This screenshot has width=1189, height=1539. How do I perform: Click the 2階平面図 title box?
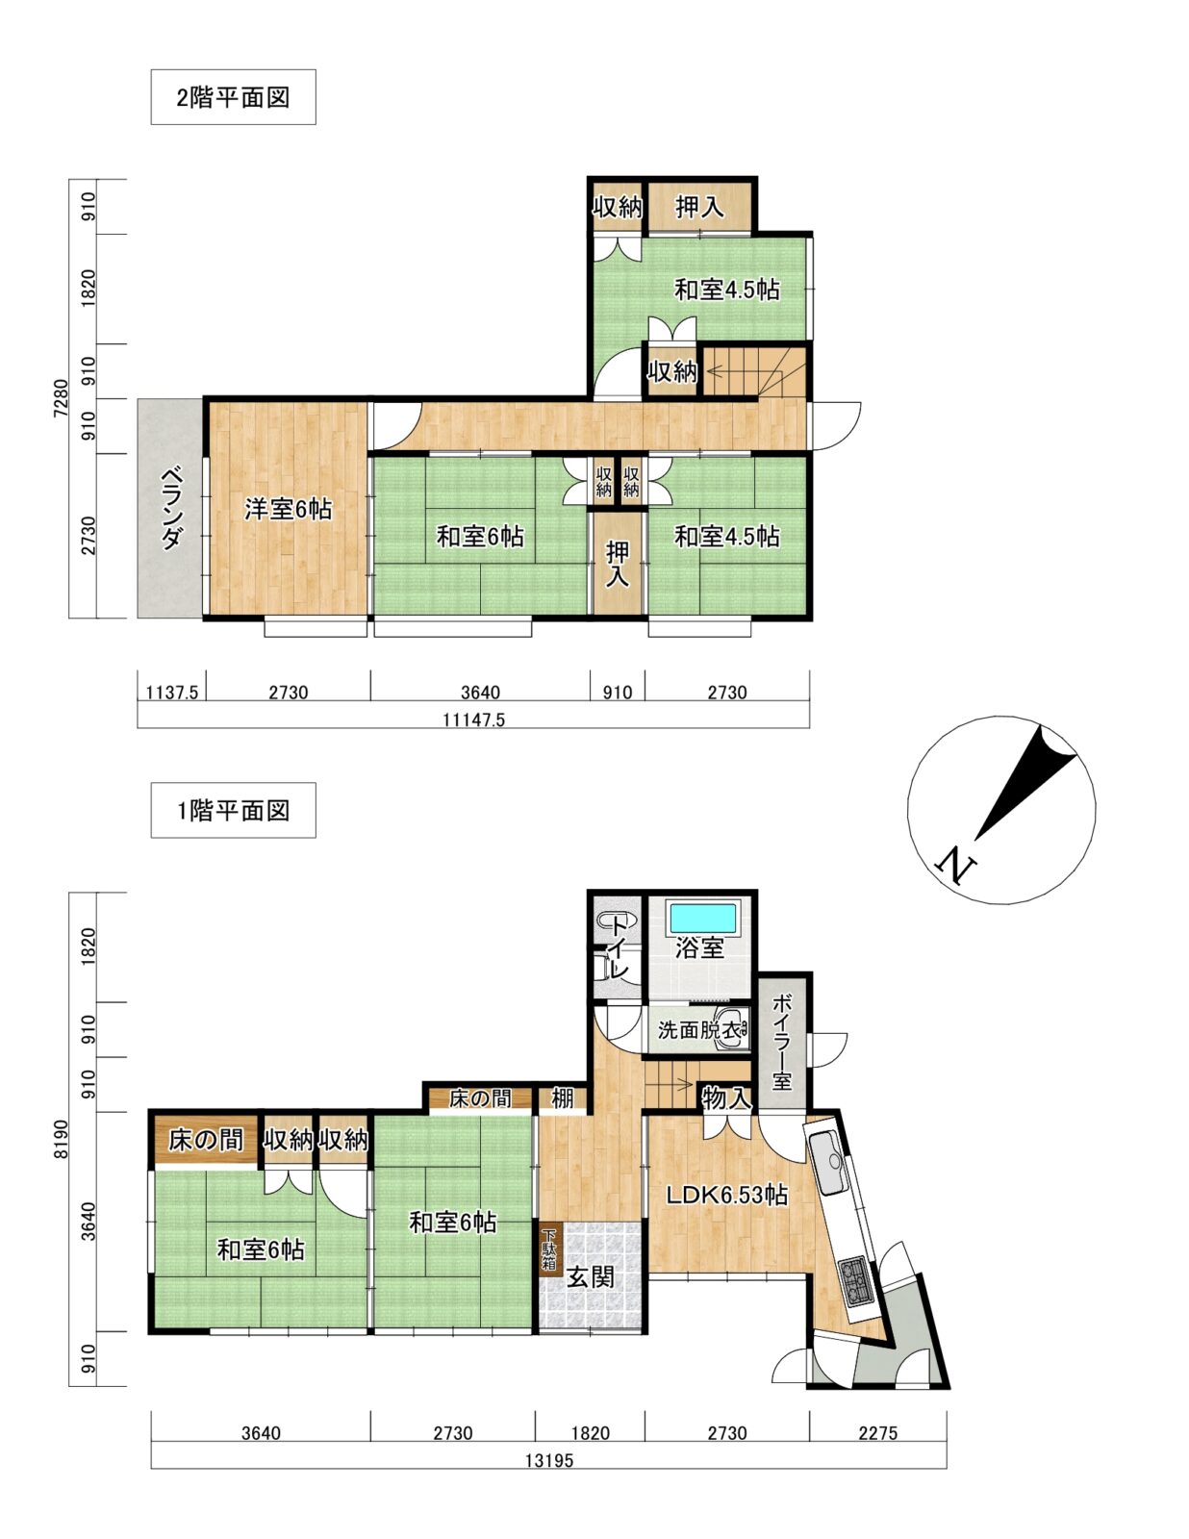(233, 97)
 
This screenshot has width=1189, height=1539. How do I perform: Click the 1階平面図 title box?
(233, 810)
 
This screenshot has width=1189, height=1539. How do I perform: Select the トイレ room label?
(619, 947)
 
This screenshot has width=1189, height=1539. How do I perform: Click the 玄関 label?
(591, 1277)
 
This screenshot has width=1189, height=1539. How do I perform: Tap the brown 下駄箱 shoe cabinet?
(549, 1250)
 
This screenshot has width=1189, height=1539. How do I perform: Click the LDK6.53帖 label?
(726, 1196)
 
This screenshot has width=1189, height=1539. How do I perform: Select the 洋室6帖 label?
(289, 509)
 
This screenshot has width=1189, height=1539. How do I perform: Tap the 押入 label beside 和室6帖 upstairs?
(618, 564)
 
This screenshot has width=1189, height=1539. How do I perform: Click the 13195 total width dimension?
(549, 1460)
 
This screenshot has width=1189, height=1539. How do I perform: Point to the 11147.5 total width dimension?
(473, 720)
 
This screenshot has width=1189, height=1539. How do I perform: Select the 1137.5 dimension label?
(171, 692)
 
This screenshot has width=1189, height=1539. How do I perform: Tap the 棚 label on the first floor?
(563, 1098)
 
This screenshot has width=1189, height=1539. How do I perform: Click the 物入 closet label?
(725, 1099)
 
